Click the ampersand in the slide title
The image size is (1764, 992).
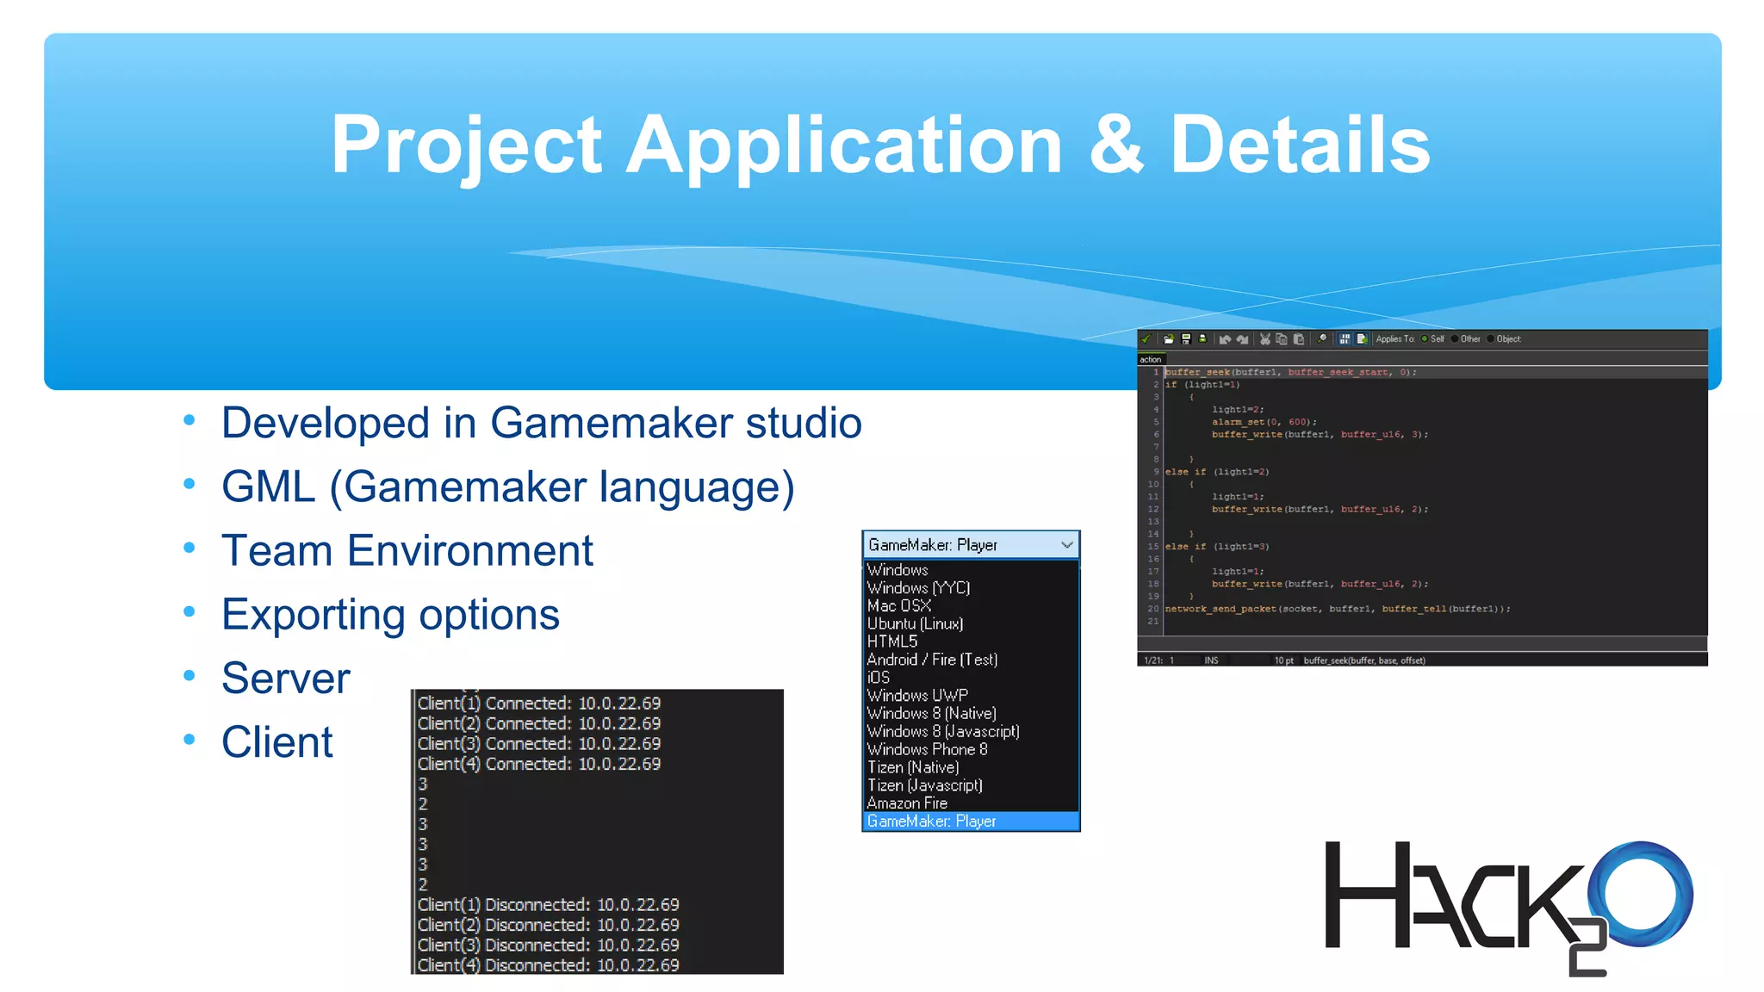click(x=1116, y=145)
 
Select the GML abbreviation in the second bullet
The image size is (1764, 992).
click(x=268, y=487)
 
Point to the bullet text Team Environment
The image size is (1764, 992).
click(x=407, y=551)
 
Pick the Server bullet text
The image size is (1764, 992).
click(x=285, y=679)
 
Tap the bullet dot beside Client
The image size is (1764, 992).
click(x=189, y=740)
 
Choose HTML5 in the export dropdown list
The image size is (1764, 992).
click(x=892, y=642)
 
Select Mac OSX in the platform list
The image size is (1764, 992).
click(x=898, y=605)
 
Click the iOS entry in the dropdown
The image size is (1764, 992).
click(x=879, y=678)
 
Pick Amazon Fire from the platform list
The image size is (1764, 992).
click(x=907, y=803)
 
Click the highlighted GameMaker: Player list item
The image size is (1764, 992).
click(x=932, y=821)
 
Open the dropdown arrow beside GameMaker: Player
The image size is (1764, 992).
click(x=1066, y=544)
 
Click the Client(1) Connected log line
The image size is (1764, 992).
click(x=539, y=704)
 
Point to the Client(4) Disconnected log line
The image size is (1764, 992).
click(x=548, y=965)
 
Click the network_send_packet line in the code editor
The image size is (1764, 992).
click(x=1337, y=609)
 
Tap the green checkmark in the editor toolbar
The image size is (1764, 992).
click(x=1146, y=339)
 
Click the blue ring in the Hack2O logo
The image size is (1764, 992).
click(x=1642, y=894)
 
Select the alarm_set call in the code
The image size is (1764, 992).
click(x=1264, y=422)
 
